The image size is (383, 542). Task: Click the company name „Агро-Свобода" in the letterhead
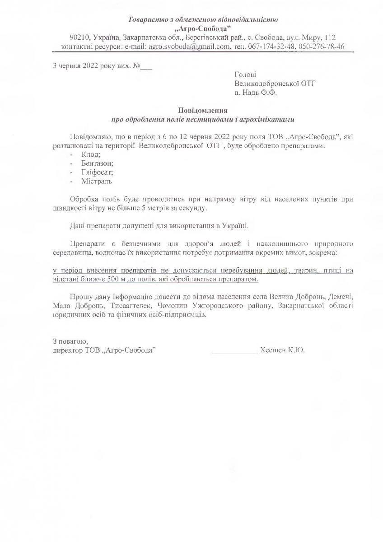click(203, 28)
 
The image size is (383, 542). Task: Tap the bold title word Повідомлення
click(203, 111)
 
